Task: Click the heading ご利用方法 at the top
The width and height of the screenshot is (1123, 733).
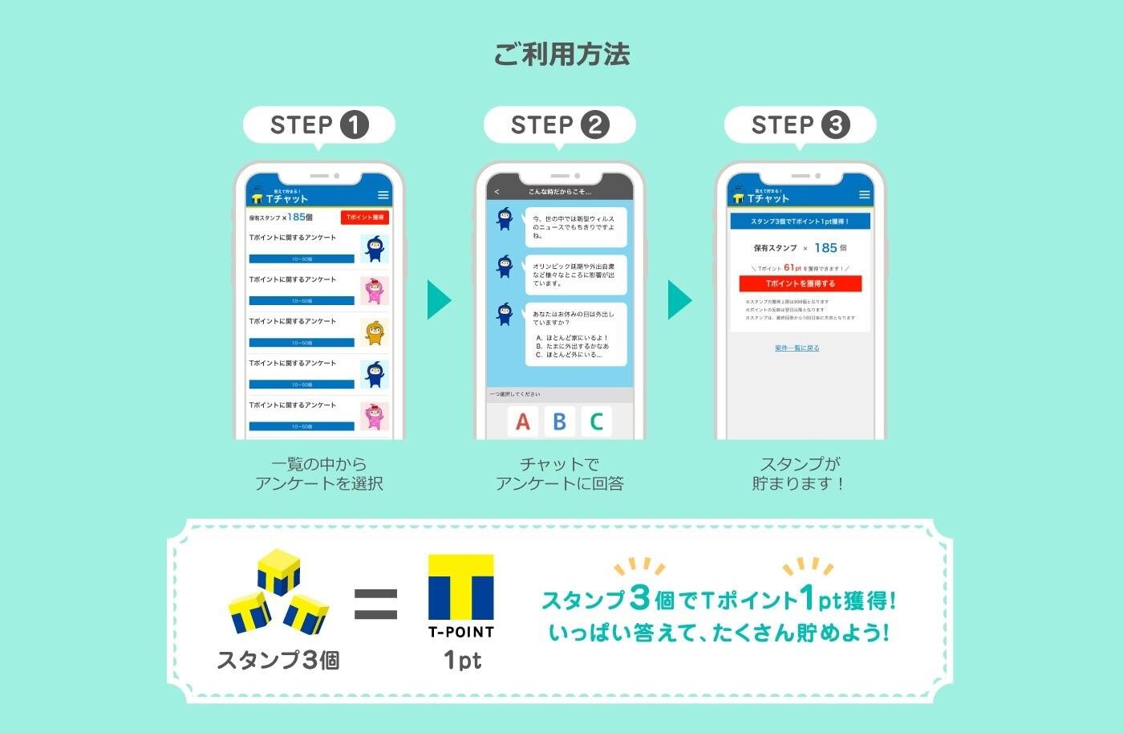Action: pyautogui.click(x=561, y=55)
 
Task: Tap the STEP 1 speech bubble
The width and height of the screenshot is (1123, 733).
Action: pyautogui.click(x=319, y=125)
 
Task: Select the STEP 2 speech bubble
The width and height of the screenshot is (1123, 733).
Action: pyautogui.click(x=560, y=125)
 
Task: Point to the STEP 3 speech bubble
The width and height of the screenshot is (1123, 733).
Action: pyautogui.click(x=801, y=125)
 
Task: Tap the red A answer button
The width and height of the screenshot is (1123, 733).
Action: pyautogui.click(x=523, y=421)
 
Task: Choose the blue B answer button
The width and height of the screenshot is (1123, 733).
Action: pyautogui.click(x=560, y=421)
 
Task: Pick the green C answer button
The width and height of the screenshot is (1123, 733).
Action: pyautogui.click(x=596, y=421)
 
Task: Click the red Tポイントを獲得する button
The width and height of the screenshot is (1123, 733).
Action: pyautogui.click(x=800, y=283)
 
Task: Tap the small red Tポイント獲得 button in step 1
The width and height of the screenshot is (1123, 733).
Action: pyautogui.click(x=365, y=218)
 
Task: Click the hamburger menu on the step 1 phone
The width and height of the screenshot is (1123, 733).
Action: pyautogui.click(x=383, y=195)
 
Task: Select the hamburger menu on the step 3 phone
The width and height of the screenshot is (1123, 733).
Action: pyautogui.click(x=864, y=195)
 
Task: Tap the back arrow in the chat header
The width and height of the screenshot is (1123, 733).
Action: pyautogui.click(x=497, y=192)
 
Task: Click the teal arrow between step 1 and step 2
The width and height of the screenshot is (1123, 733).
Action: pyautogui.click(x=439, y=299)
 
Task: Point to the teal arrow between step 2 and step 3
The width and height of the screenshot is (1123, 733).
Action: pyautogui.click(x=679, y=299)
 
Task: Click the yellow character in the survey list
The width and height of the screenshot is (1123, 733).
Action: pyautogui.click(x=375, y=332)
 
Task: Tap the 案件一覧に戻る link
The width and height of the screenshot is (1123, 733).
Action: pyautogui.click(x=797, y=348)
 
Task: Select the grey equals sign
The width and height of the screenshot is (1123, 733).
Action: pyautogui.click(x=375, y=604)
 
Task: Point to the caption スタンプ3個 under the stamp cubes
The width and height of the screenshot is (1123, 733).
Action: pyautogui.click(x=278, y=660)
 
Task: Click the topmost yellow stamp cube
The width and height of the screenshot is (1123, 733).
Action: pyautogui.click(x=278, y=571)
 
